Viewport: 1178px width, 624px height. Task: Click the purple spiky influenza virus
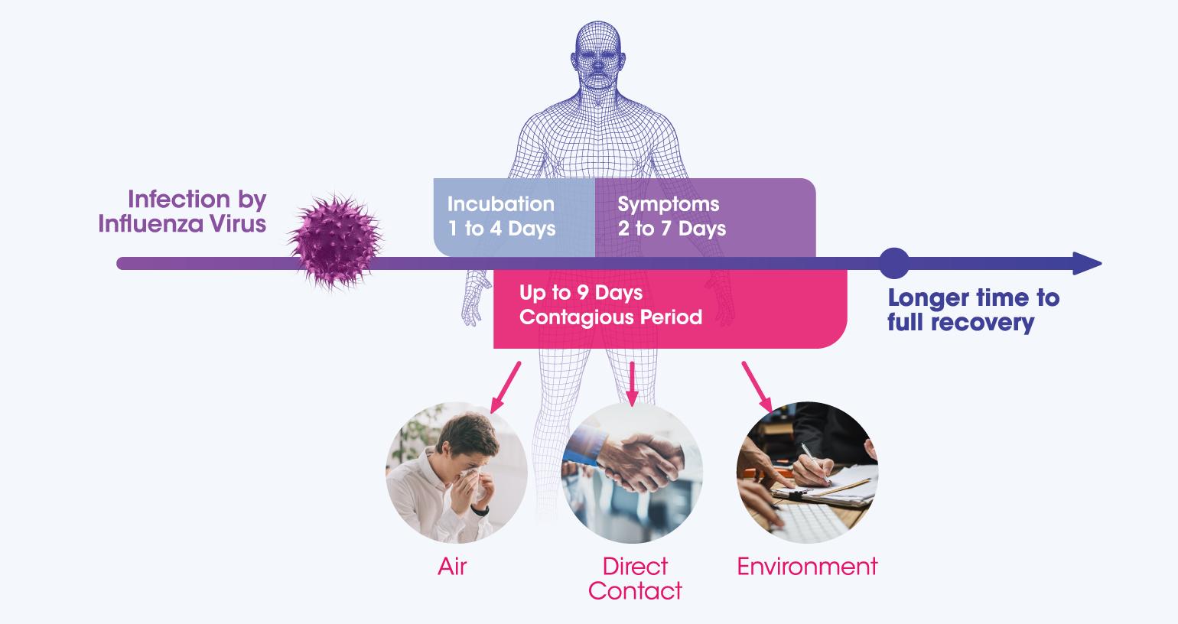coord(336,241)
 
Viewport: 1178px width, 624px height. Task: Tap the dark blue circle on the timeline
coord(894,263)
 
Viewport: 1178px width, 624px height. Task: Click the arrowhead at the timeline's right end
coord(1087,263)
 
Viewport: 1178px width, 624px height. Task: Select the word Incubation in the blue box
coord(500,204)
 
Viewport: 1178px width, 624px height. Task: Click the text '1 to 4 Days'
coord(502,229)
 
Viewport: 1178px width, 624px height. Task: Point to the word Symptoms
coord(669,204)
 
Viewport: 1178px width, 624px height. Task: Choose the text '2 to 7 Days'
coord(672,229)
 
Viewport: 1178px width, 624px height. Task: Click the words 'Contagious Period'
coord(610,317)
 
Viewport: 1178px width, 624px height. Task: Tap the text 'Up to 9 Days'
coord(581,293)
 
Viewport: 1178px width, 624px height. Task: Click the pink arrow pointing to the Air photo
coord(506,388)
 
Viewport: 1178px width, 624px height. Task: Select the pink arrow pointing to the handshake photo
coord(632,384)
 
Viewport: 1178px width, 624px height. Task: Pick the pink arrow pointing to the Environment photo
coord(757,387)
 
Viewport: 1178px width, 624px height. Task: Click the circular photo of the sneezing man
coord(457,473)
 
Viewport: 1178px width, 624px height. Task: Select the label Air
coord(452,567)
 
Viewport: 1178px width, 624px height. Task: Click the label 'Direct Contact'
coord(635,579)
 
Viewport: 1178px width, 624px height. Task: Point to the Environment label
coord(807,567)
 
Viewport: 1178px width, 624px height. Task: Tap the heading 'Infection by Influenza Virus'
coord(183,211)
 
